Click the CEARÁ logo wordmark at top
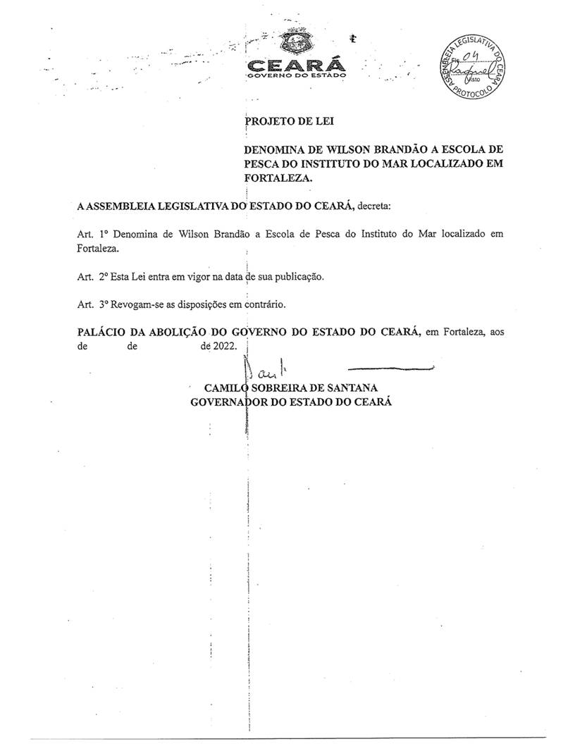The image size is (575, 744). pyautogui.click(x=294, y=66)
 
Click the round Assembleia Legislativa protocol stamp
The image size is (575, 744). pyautogui.click(x=473, y=68)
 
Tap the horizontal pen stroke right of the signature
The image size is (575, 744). pyautogui.click(x=391, y=368)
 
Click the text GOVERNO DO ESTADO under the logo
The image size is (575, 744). pyautogui.click(x=295, y=75)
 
